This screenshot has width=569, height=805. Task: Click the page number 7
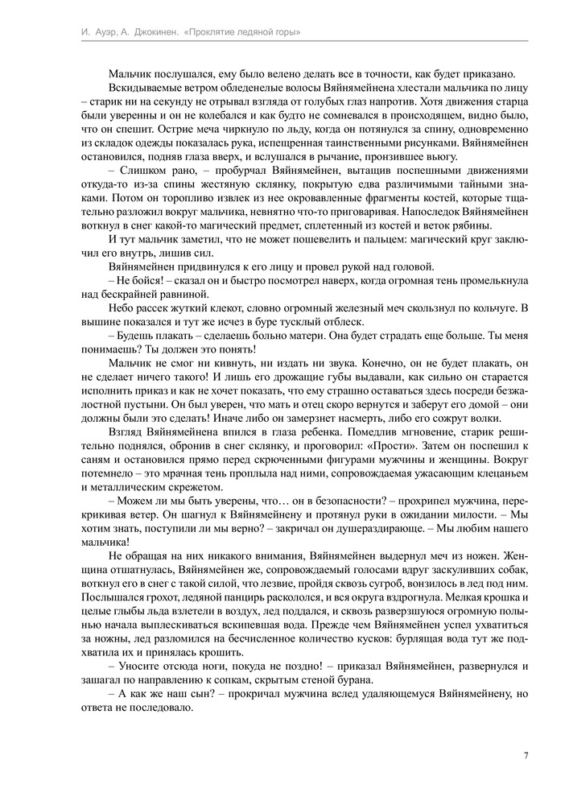[525, 755]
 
